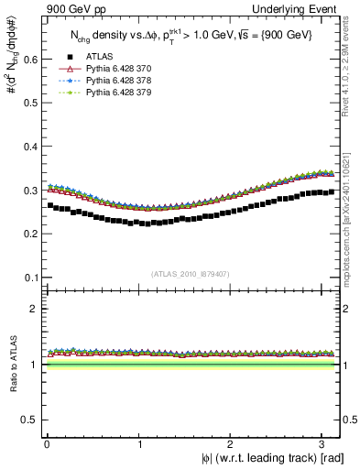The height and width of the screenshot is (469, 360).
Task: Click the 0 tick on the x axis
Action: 48,442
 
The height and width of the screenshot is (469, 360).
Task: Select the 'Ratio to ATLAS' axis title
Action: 13,364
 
